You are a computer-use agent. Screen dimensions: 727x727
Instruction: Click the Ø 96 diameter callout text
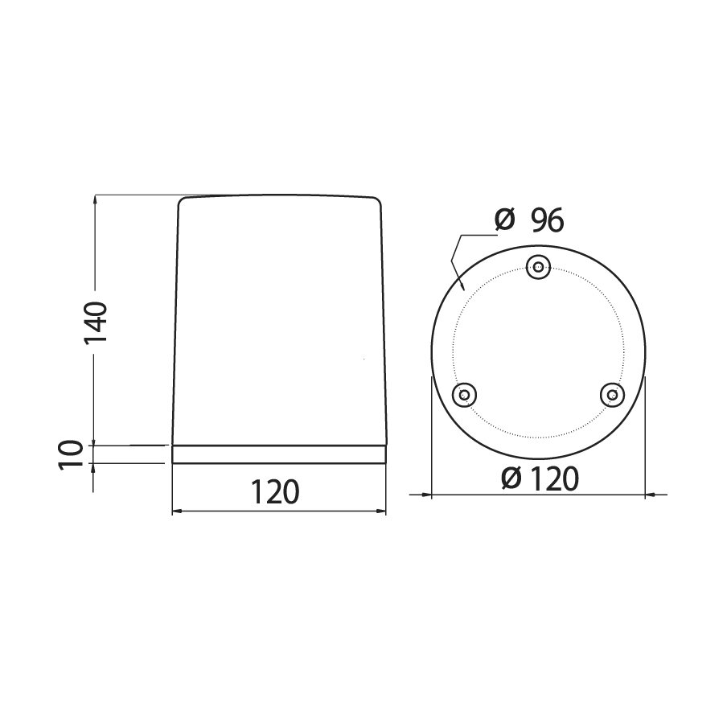[531, 220]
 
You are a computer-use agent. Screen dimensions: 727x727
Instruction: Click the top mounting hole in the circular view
[537, 268]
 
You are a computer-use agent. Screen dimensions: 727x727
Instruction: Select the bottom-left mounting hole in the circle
[463, 395]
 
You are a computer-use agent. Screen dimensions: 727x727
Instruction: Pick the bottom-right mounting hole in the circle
[612, 395]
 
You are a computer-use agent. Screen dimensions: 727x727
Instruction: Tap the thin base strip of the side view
[280, 454]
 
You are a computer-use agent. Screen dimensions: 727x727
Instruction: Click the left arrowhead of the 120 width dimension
[179, 511]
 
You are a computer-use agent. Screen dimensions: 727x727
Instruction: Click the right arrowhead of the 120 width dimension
[381, 511]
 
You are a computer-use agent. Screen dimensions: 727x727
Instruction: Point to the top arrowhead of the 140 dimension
[95, 199]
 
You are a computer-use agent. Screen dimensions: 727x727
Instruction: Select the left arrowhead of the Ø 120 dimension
[426, 493]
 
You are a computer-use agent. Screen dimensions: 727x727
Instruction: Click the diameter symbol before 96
[504, 220]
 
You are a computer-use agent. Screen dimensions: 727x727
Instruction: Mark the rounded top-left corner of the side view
[182, 200]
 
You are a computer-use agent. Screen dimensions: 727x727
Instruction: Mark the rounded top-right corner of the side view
[378, 200]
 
